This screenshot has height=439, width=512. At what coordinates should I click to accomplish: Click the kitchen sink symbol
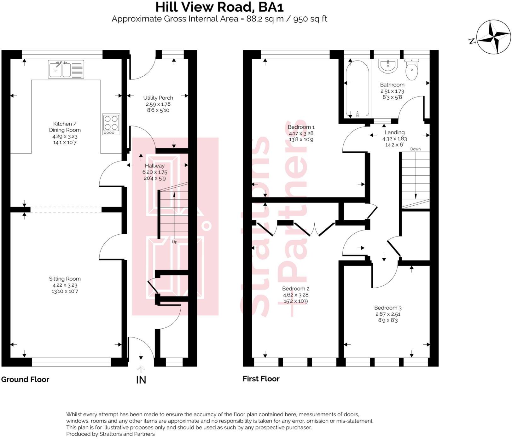[66, 69]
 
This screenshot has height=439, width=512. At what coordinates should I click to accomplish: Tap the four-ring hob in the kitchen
[111, 124]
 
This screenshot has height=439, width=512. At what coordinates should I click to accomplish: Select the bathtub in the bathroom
[357, 89]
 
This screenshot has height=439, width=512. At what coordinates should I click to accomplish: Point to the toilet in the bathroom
[411, 69]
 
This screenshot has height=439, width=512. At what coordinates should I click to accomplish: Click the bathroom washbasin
[388, 66]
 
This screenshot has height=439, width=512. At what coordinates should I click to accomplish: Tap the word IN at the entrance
[141, 380]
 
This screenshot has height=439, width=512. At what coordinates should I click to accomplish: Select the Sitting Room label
[65, 279]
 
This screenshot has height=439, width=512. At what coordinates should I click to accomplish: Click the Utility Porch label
[158, 98]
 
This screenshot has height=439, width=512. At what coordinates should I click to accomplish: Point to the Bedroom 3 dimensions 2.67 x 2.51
[388, 314]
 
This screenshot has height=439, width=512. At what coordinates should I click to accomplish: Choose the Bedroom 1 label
[301, 127]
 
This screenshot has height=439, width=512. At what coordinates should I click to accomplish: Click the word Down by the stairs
[415, 149]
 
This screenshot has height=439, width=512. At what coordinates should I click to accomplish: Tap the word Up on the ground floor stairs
[174, 242]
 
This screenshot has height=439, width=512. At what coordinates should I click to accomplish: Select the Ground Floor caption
[25, 379]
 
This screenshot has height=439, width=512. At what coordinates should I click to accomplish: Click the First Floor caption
[261, 379]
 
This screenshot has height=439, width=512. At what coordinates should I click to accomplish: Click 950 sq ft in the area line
[310, 19]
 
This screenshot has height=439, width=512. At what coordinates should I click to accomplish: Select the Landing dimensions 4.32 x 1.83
[394, 139]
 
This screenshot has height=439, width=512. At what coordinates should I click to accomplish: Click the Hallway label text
[154, 166]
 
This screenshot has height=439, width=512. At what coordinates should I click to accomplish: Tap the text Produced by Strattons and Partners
[110, 434]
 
